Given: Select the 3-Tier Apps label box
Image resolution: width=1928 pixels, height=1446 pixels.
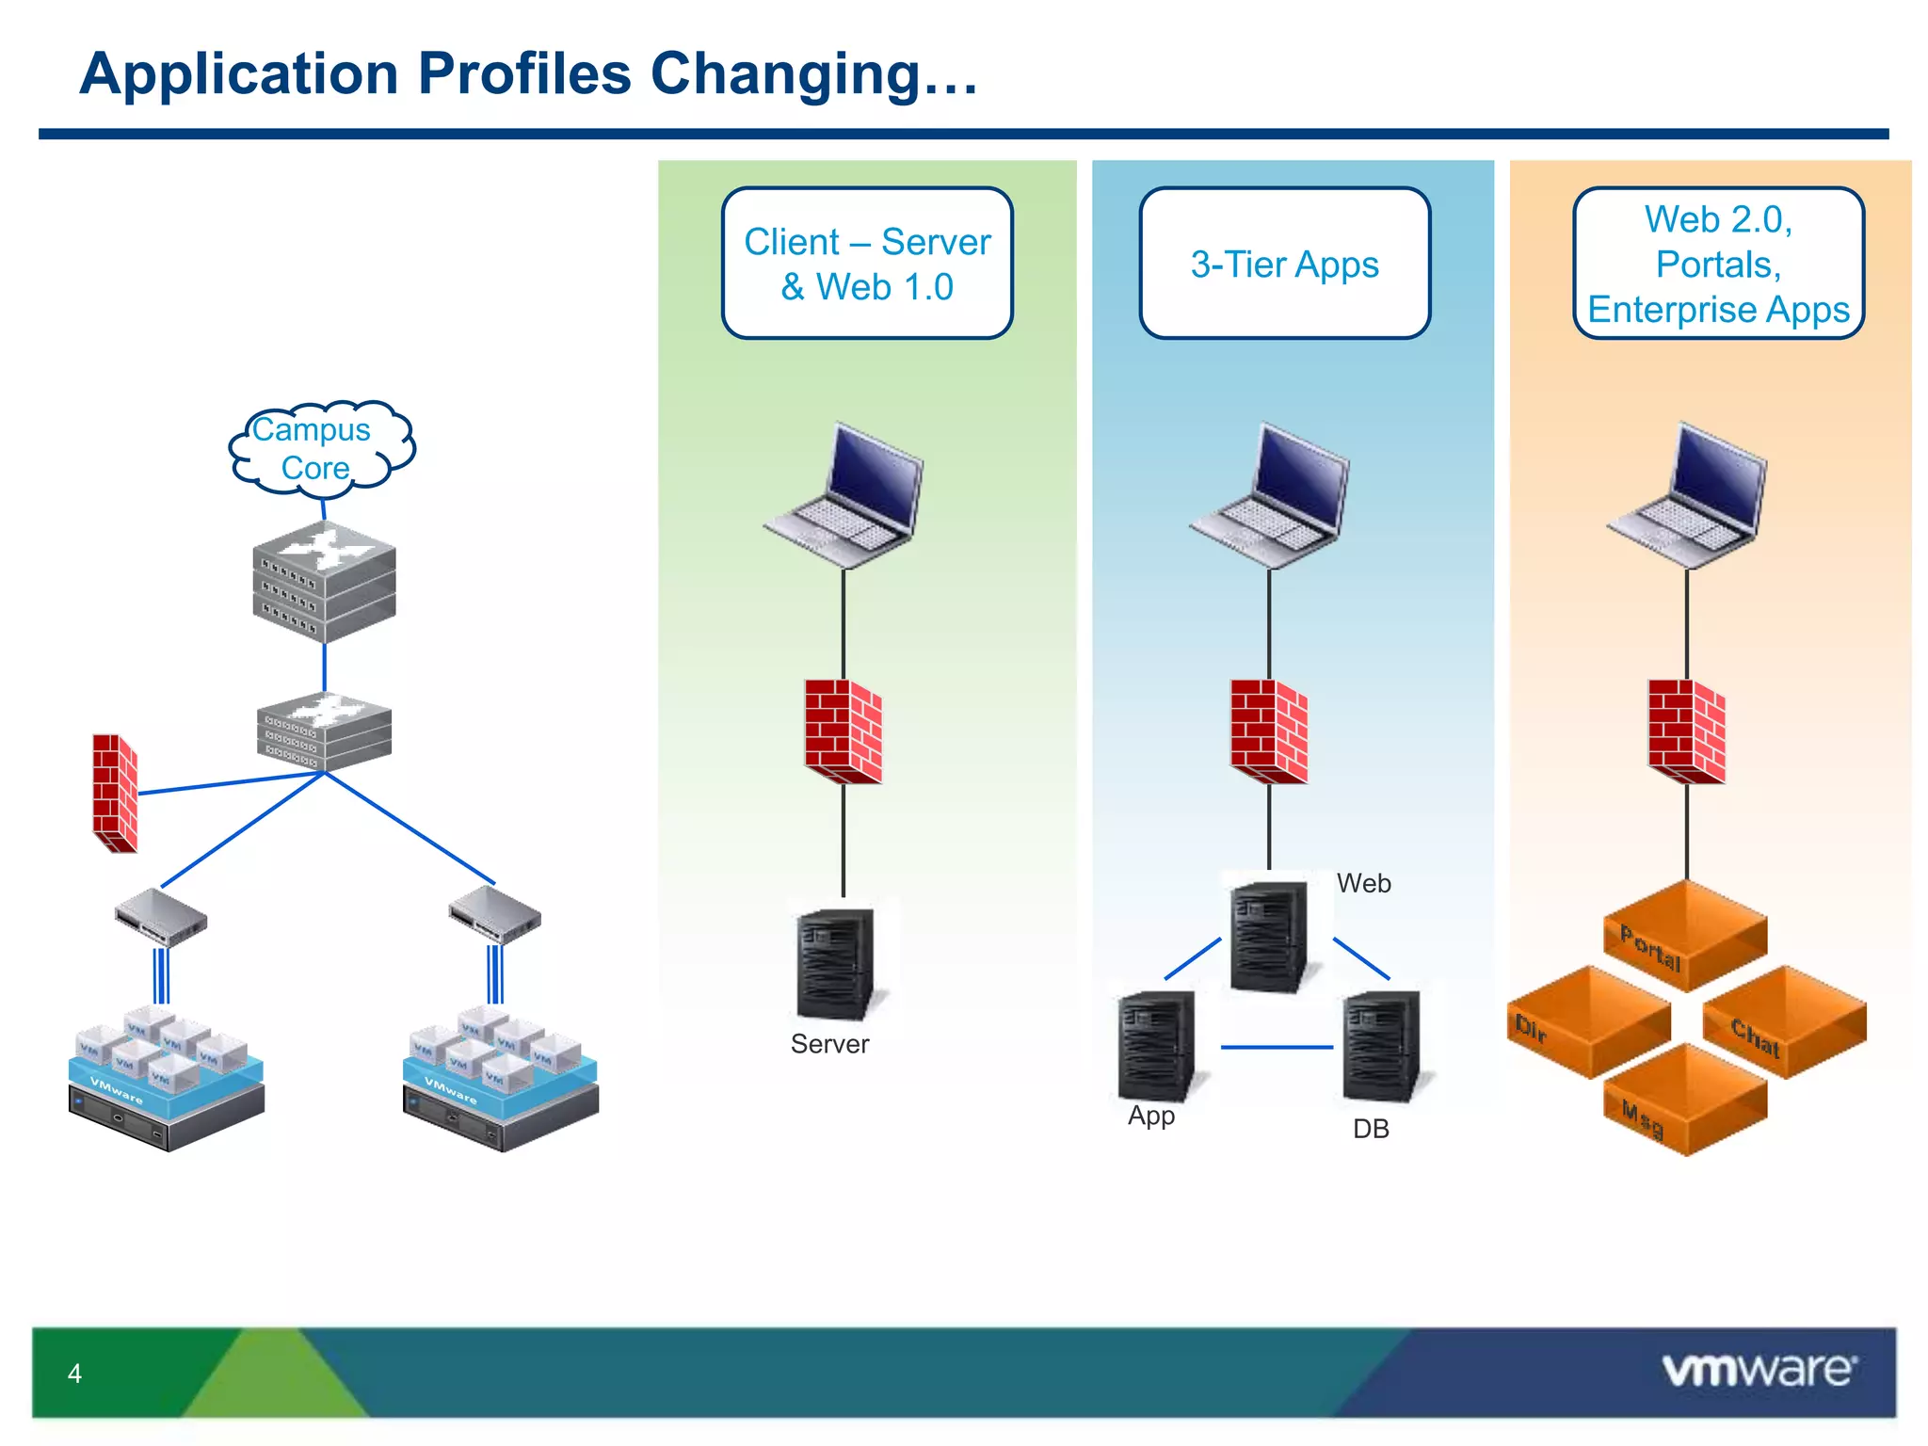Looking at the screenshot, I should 1284,264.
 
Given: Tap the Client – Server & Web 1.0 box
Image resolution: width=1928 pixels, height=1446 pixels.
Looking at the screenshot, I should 867,264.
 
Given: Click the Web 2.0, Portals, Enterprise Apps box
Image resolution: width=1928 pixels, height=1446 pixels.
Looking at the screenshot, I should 1718,264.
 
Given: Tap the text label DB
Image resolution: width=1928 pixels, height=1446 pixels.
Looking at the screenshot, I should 1371,1129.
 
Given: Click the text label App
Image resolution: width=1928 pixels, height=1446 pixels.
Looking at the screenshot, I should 1150,1116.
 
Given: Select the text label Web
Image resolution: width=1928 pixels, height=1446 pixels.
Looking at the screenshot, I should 1363,883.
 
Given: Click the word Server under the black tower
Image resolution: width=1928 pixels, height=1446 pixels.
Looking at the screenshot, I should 829,1044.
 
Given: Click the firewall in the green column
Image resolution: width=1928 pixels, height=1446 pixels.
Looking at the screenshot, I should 843,731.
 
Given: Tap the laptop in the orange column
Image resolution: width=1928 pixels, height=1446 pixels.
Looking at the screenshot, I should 1687,496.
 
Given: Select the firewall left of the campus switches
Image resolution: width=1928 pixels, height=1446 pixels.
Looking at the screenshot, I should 116,793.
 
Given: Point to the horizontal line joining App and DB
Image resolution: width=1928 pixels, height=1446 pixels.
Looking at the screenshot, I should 1277,1047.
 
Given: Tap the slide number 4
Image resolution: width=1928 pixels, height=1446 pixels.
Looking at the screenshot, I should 74,1374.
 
